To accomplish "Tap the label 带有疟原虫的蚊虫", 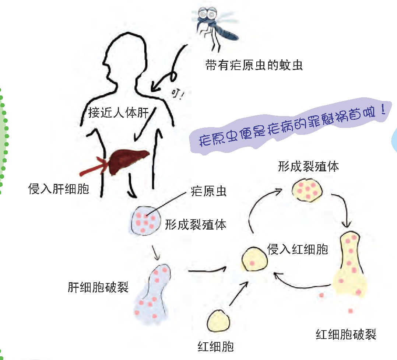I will click(254, 66).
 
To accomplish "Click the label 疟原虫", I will click(209, 192).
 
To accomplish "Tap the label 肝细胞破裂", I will click(98, 287).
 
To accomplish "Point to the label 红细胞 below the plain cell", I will click(216, 346).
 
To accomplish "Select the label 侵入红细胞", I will click(297, 249).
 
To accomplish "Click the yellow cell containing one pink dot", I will click(254, 259).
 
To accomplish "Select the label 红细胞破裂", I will click(346, 335).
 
